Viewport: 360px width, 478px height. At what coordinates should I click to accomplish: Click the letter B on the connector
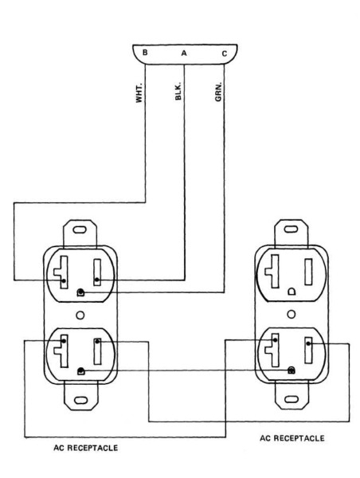145,53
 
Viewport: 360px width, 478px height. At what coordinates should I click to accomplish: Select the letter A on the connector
184,53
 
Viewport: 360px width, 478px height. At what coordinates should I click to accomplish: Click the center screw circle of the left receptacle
80,314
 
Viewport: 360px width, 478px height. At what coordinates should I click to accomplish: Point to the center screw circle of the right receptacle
292,314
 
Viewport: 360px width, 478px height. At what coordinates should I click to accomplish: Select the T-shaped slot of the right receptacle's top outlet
272,270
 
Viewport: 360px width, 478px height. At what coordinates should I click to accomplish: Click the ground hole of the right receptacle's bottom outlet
292,370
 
